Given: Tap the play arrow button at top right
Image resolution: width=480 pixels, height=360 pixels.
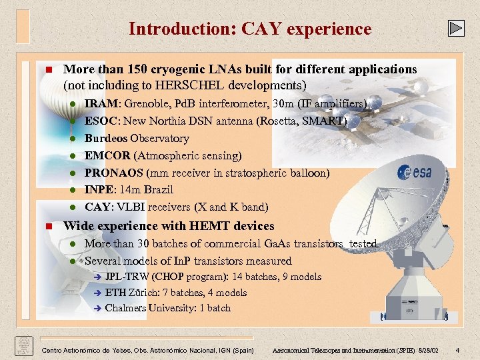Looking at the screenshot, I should (455, 28).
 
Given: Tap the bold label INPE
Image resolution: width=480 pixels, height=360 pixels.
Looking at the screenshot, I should (99, 189).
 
